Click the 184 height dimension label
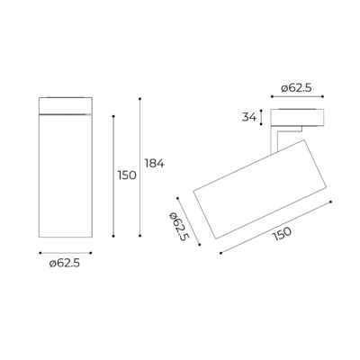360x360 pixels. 154,164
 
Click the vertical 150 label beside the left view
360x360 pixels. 127,175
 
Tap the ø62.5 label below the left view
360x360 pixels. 65,264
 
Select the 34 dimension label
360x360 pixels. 249,117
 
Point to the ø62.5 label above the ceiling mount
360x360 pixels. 296,88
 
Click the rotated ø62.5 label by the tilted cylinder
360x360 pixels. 179,227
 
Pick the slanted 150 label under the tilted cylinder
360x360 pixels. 282,234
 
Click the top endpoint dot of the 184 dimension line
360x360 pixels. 139,99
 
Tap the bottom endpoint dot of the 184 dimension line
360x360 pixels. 139,236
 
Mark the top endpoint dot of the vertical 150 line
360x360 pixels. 113,116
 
